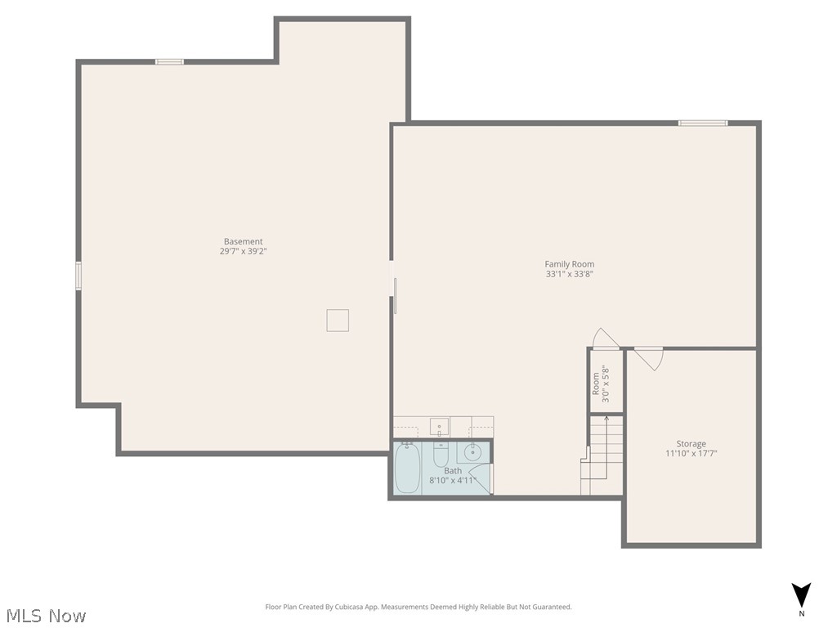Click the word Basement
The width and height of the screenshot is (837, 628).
[x=244, y=241]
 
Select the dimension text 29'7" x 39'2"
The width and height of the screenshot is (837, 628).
[x=244, y=252]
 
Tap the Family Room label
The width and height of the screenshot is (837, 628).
[x=570, y=264]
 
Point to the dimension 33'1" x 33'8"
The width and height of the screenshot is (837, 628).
[x=570, y=275]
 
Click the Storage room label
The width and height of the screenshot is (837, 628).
[x=691, y=444]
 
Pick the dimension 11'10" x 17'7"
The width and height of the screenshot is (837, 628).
[x=691, y=454]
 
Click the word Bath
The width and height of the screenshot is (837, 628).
[x=453, y=471]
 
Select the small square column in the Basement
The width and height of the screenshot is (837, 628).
[x=338, y=320]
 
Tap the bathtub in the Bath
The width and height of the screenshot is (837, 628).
[x=407, y=468]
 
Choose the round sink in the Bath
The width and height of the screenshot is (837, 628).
[x=473, y=451]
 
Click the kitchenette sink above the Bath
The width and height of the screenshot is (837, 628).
[x=439, y=427]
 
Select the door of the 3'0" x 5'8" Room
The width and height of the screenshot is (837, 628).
[x=606, y=339]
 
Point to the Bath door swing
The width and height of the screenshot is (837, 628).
[x=481, y=482]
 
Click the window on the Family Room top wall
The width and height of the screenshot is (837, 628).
[x=702, y=123]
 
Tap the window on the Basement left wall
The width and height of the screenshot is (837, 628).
[x=78, y=275]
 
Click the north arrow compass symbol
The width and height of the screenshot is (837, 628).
[x=802, y=595]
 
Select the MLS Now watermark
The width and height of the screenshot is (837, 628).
[x=45, y=615]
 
